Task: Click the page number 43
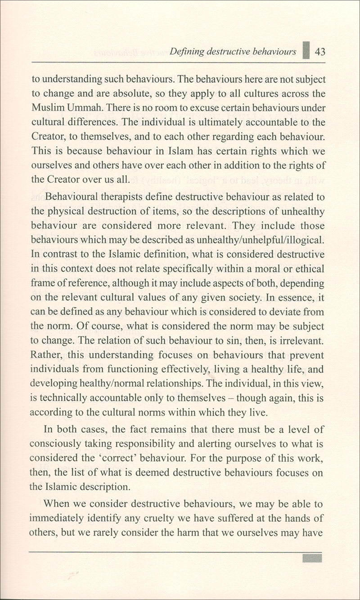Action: pyautogui.click(x=320, y=51)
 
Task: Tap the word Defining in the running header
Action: pyautogui.click(x=186, y=51)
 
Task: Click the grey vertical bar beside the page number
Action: pyautogui.click(x=306, y=50)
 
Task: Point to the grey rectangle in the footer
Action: pyautogui.click(x=312, y=558)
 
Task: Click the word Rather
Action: pyautogui.click(x=45, y=355)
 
